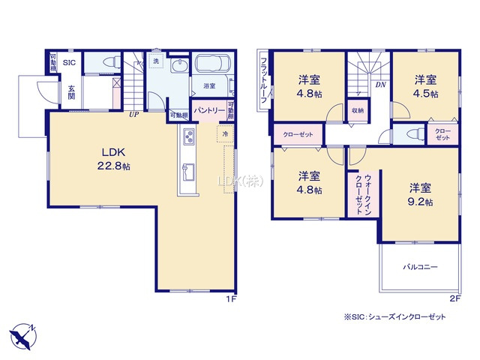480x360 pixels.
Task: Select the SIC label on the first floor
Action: [69, 63]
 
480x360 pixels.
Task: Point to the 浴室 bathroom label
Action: [209, 85]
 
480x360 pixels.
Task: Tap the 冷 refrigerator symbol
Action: [224, 133]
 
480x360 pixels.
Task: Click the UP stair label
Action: [133, 115]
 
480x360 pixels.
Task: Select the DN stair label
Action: [380, 85]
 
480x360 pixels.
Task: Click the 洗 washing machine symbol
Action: [156, 61]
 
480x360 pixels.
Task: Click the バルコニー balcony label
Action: [420, 266]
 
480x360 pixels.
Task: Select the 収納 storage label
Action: [358, 110]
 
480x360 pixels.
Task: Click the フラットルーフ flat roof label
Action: [263, 82]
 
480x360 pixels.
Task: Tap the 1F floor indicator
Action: [232, 299]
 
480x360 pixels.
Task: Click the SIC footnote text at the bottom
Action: [394, 317]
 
